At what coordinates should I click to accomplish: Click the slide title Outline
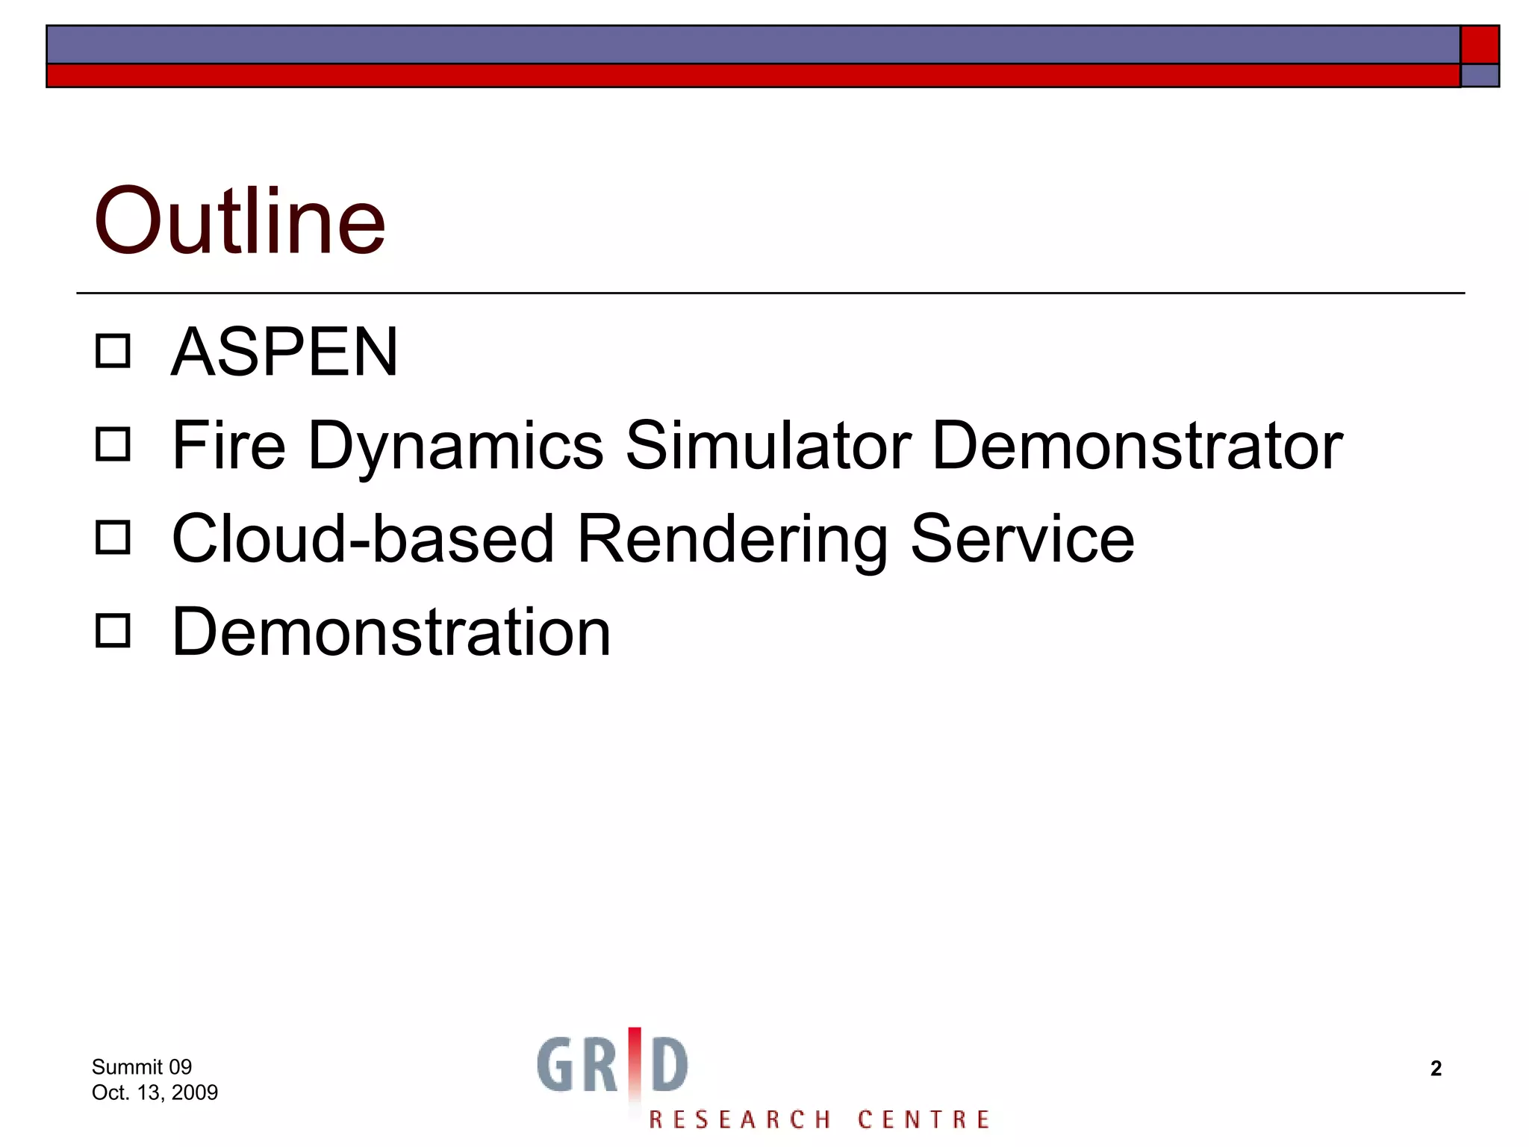239,221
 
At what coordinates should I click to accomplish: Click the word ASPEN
284,352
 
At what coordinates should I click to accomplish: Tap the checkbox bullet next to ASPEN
113,351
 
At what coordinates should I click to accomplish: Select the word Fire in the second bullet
228,446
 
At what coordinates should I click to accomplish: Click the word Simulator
768,446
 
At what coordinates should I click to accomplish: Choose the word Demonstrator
1137,446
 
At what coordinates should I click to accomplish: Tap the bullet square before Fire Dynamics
113,444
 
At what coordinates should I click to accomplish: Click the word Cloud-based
363,539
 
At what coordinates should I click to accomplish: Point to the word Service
1022,539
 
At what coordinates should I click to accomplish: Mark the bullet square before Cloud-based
113,538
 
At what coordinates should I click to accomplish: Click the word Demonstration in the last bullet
391,632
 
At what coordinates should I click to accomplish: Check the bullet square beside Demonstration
113,631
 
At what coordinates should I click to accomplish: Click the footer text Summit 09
142,1067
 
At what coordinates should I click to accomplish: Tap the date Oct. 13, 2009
155,1092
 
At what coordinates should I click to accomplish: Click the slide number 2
1436,1069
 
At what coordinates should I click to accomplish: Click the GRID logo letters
612,1065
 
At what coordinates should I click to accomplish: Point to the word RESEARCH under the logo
739,1119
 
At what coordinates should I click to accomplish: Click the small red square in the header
1480,45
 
